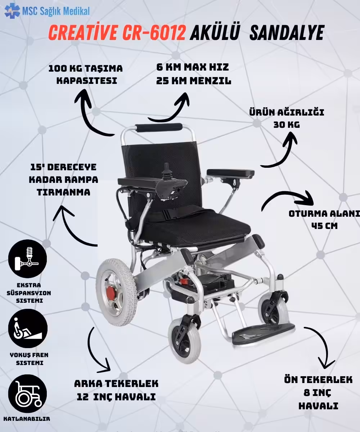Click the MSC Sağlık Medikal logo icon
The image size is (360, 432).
[12, 10]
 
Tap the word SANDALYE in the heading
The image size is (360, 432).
[287, 33]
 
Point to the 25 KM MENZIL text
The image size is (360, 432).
[194, 81]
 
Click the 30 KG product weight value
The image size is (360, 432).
[287, 125]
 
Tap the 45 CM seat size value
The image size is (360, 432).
[324, 226]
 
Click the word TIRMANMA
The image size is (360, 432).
[63, 192]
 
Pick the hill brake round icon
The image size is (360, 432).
[28, 328]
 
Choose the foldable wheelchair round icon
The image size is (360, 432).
[27, 394]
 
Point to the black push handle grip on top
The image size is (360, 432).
[158, 127]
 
